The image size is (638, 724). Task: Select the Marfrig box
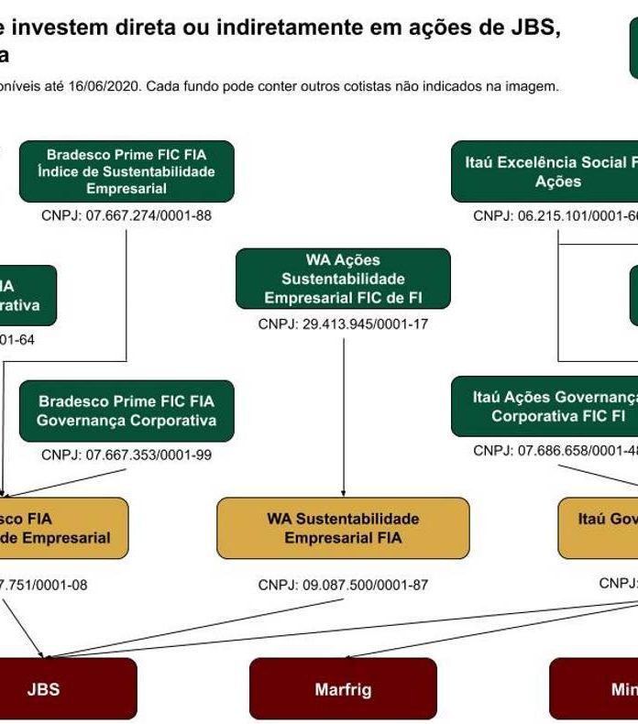tap(343, 688)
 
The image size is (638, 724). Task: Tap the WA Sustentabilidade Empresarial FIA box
tap(343, 529)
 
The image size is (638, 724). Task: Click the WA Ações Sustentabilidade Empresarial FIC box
tap(343, 279)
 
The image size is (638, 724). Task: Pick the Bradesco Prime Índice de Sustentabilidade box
tap(126, 171)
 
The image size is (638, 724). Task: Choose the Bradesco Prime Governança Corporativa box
tap(126, 411)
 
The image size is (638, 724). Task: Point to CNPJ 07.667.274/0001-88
tap(126, 216)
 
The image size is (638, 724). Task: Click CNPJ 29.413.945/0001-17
tap(343, 324)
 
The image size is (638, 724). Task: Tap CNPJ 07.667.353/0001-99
tap(126, 454)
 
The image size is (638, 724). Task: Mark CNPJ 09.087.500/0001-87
tap(343, 585)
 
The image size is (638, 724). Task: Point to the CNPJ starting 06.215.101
tap(555, 216)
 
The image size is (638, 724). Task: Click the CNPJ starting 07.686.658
tap(555, 450)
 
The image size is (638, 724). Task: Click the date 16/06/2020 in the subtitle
tap(107, 87)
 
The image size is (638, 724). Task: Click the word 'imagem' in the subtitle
tap(533, 87)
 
